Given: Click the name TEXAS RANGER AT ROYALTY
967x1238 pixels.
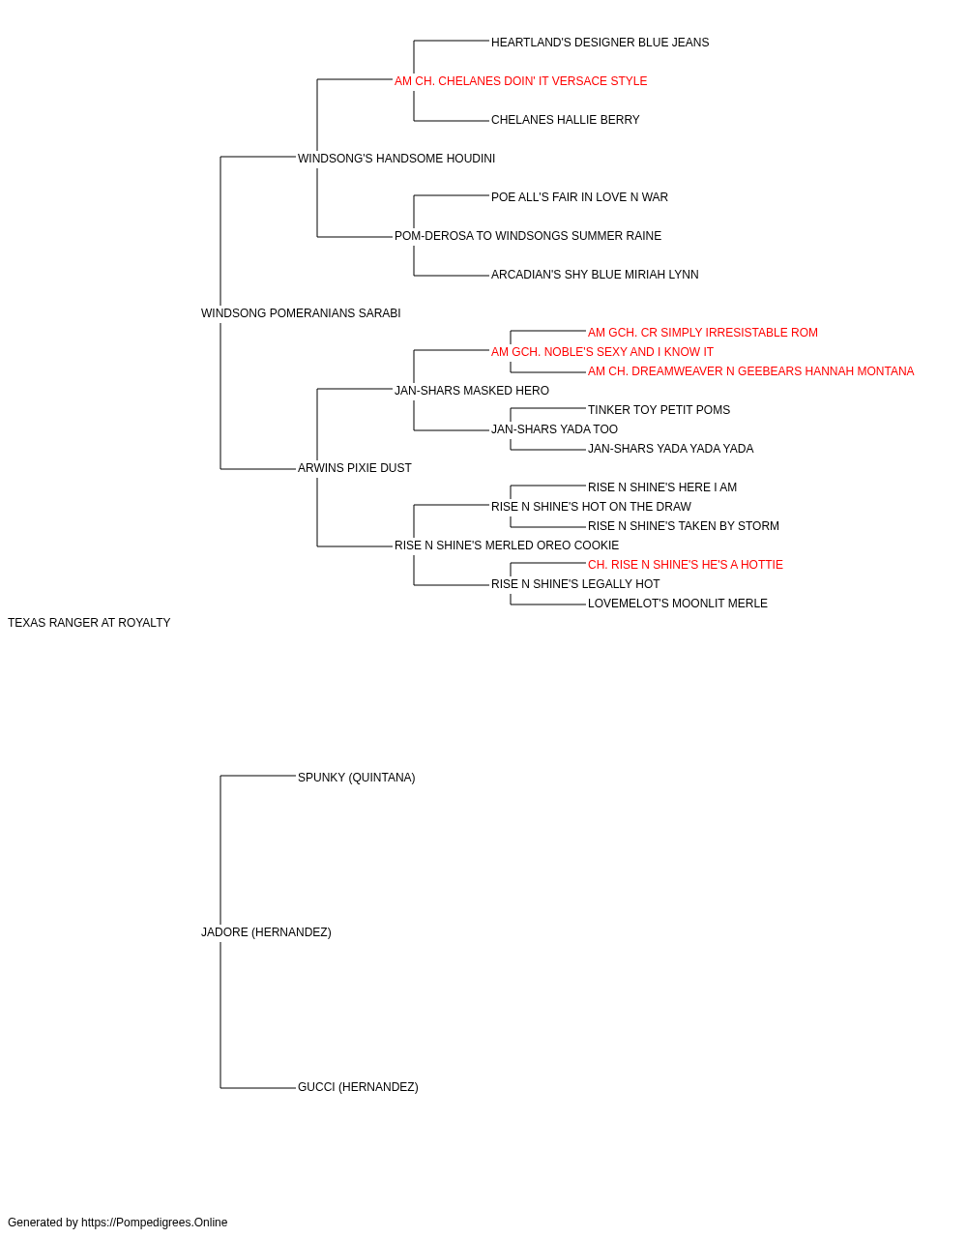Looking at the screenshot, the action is [89, 623].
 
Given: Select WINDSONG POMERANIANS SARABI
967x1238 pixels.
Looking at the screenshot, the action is [301, 313].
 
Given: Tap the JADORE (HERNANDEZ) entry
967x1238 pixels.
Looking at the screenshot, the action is [266, 932].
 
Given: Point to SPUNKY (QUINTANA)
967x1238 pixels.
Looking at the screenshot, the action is [357, 778].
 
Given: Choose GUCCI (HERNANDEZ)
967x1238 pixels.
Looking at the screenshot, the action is [358, 1087].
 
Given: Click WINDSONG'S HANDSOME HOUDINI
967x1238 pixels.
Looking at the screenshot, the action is [396, 159].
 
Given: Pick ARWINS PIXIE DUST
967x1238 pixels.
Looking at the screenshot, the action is [354, 468].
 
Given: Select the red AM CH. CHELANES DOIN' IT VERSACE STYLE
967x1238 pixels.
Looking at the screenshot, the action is [520, 81].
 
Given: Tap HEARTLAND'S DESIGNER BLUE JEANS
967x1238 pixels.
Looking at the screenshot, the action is [600, 43].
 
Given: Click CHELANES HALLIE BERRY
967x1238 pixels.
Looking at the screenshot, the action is [565, 120].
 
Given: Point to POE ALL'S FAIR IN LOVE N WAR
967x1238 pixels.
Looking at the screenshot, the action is [579, 197].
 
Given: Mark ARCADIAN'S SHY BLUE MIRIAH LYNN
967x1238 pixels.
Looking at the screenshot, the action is [595, 275].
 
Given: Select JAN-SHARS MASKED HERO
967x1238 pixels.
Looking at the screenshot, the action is [472, 390].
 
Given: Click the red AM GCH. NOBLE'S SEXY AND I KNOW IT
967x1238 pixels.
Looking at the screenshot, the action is [601, 352].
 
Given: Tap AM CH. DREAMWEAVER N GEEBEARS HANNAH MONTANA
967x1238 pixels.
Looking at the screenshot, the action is [750, 371].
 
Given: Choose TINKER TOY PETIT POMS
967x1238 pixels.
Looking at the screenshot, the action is [659, 410].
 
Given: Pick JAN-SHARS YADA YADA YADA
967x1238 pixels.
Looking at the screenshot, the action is [670, 449].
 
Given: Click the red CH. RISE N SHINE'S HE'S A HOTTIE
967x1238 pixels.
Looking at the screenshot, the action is [685, 565].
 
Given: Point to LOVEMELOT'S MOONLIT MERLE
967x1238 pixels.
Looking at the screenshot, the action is [677, 604].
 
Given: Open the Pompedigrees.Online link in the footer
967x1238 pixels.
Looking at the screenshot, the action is [155, 1223].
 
